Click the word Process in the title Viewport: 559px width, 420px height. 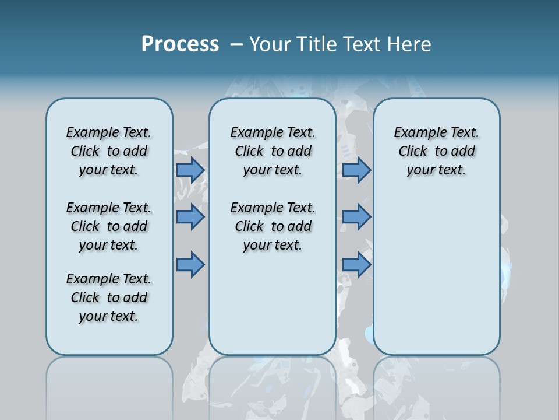tap(180, 44)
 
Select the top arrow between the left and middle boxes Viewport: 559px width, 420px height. tap(190, 170)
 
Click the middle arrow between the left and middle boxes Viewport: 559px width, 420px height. tap(190, 217)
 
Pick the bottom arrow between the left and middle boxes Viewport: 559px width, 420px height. tap(190, 265)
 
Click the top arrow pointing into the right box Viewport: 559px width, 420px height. tap(356, 170)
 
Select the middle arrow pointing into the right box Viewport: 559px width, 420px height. tap(356, 217)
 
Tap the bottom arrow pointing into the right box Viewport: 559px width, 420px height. tap(356, 265)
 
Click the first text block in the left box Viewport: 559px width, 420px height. tap(109, 151)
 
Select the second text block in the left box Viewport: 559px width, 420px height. tap(109, 226)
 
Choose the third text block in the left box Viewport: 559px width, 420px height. tap(109, 297)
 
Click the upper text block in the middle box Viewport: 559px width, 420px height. tap(273, 151)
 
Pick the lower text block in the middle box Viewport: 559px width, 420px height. tap(273, 226)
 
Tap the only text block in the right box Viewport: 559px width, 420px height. tap(436, 151)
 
